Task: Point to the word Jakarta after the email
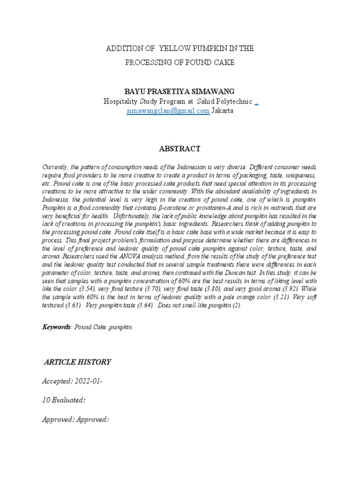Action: coord(222,111)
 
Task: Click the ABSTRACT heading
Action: coord(180,149)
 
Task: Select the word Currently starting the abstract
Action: coord(56,167)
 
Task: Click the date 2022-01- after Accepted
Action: coord(88,382)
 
